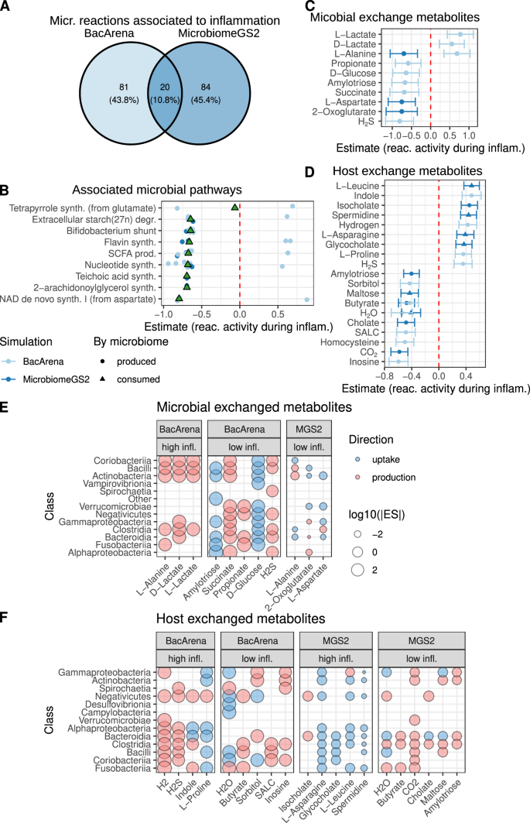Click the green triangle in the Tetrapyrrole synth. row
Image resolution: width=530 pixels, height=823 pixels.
[234, 206]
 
